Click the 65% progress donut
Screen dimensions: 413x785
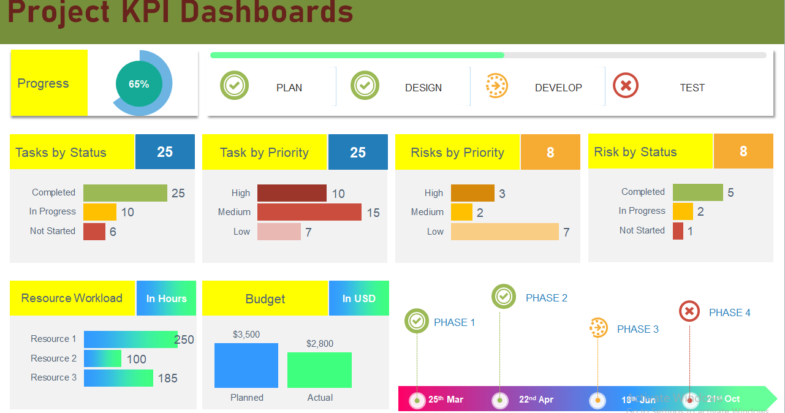[139, 84]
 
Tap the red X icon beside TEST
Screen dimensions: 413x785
[626, 86]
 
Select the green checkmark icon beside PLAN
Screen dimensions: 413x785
[234, 86]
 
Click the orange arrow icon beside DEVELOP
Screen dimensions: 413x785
[496, 86]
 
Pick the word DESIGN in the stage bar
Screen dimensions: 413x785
[423, 88]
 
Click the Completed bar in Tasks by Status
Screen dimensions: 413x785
[125, 193]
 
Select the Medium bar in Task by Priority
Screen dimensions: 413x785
[309, 212]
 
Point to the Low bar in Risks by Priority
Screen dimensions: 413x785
[504, 232]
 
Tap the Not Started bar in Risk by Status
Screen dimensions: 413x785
[678, 231]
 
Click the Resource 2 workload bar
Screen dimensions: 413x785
[102, 358]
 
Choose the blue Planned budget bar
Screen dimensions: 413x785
[246, 365]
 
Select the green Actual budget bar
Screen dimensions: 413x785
[319, 369]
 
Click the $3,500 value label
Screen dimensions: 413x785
[246, 335]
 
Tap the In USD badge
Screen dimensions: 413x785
[358, 298]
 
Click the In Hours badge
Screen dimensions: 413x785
[166, 298]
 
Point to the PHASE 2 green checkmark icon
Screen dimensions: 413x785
[504, 297]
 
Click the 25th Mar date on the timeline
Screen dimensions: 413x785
[446, 400]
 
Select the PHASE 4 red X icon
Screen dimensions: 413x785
[689, 311]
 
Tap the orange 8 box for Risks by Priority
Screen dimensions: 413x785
[550, 153]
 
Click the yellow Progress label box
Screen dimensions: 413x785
[49, 83]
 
